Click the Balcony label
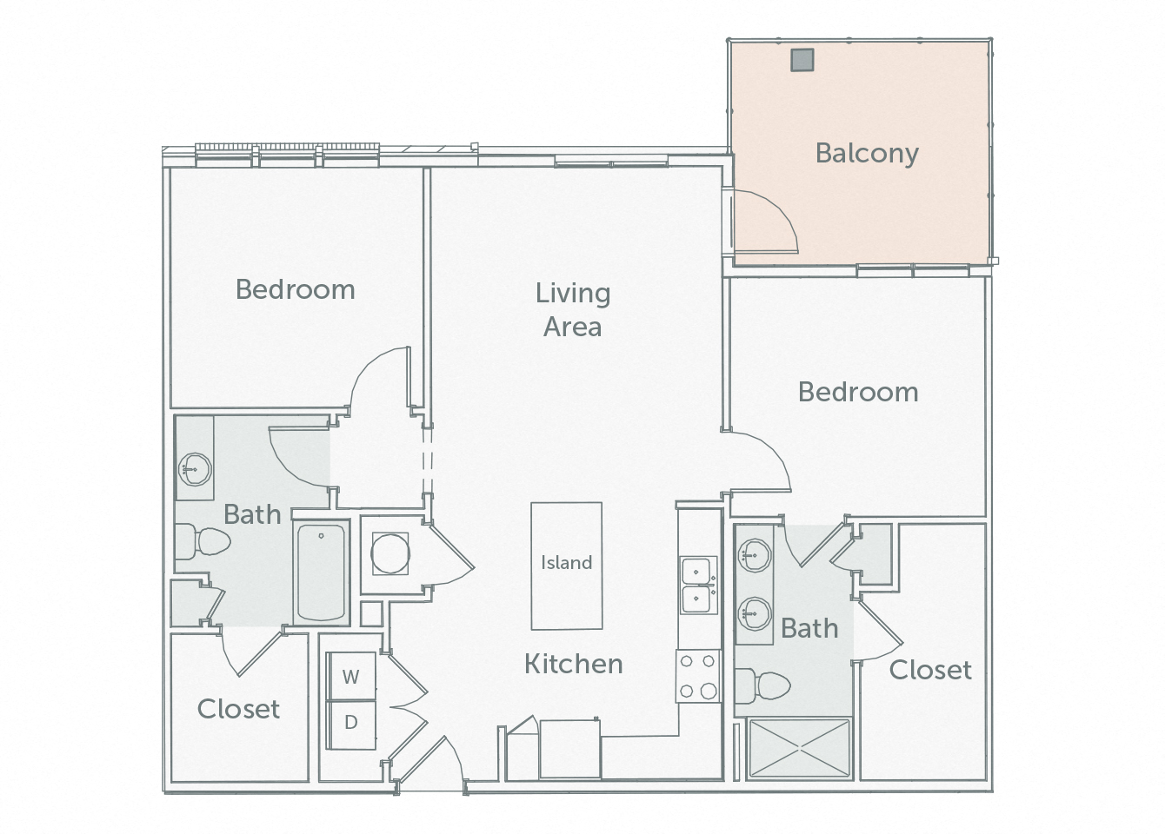coord(867,153)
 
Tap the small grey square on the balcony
coord(802,59)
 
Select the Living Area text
coord(572,309)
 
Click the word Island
coord(566,562)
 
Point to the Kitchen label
coord(573,664)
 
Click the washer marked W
coord(350,677)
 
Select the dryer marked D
coord(350,723)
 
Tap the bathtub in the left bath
coord(320,571)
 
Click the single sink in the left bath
coord(195,470)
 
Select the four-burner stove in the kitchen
coord(698,677)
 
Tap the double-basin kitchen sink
coord(697,585)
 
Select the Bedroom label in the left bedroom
coord(295,289)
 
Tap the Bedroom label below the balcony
coord(857,392)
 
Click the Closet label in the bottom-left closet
coord(238,709)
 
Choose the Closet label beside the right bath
coord(930,670)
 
